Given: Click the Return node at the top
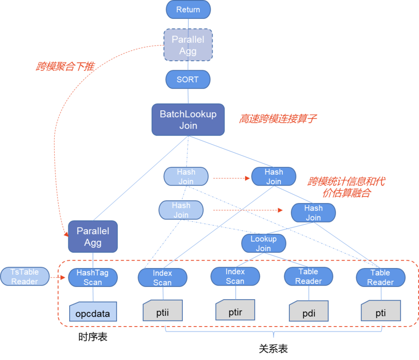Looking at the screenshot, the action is click(188, 9).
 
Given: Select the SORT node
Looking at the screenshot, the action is click(188, 79).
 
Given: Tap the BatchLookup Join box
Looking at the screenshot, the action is click(188, 120).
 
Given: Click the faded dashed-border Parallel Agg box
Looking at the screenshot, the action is click(188, 45).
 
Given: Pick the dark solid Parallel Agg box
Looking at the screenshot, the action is click(93, 237).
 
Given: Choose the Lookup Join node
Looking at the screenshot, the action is click(264, 243).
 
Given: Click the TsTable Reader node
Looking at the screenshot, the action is click(25, 277).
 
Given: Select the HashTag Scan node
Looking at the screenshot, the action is click(93, 278).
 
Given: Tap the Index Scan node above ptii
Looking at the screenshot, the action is click(163, 278).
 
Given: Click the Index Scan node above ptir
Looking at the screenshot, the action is click(235, 277).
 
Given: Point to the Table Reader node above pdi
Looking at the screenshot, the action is click(308, 277).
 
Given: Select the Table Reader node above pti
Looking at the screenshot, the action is click(380, 278).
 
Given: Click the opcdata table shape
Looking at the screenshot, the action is click(93, 311).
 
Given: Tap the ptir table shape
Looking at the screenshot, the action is click(235, 310).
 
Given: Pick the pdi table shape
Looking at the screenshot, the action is click(309, 311).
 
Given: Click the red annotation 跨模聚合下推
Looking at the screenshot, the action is click(65, 66).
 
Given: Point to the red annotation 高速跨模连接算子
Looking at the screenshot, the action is click(278, 119).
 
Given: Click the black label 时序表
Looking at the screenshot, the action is click(93, 337).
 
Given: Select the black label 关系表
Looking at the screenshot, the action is click(273, 349).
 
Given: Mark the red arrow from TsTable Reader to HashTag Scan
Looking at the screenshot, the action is click(58, 278).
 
